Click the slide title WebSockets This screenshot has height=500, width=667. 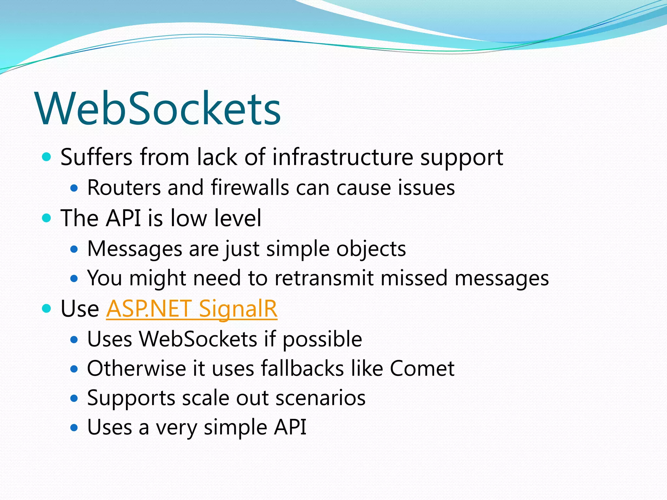(x=158, y=108)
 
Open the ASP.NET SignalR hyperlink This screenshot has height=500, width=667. (x=192, y=308)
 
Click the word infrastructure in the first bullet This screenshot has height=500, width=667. (x=343, y=157)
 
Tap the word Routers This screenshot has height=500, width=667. (x=124, y=188)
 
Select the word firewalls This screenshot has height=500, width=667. (x=250, y=188)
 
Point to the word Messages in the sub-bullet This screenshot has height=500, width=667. (x=135, y=249)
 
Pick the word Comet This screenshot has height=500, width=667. (x=422, y=368)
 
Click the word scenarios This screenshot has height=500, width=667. (x=320, y=398)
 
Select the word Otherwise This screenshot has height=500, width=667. (x=136, y=368)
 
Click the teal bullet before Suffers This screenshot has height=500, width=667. (x=47, y=157)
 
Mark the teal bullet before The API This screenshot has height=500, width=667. (x=47, y=218)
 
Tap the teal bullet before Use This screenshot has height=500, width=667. (x=47, y=308)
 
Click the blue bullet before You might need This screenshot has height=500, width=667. (x=74, y=279)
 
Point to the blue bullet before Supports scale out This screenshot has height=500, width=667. (x=74, y=398)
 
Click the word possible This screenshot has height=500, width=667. (x=322, y=340)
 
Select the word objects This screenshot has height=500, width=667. (x=371, y=249)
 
